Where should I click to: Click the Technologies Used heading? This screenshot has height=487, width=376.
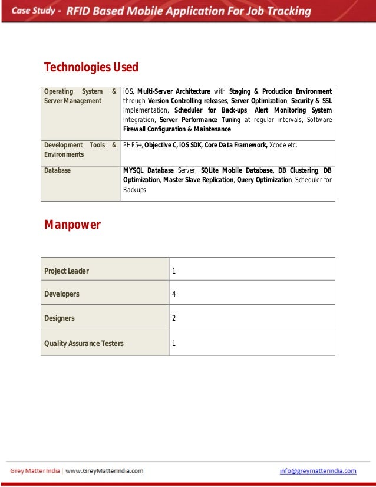pos(91,67)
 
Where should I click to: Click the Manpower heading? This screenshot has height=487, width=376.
pos(72,225)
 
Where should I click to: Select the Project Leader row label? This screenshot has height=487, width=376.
pos(67,271)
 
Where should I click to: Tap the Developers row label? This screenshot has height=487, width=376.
pos(62,294)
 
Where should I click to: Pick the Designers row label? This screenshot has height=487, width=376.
pos(60,318)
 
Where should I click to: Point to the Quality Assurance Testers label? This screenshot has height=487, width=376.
pos(84,343)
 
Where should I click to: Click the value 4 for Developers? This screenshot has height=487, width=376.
pos(174,294)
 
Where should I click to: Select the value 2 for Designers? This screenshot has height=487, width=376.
pos(174,318)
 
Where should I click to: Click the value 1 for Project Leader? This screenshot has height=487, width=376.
pos(174,271)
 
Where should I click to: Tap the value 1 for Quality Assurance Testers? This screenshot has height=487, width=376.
pos(174,343)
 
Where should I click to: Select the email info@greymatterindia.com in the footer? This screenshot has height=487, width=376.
pos(318,471)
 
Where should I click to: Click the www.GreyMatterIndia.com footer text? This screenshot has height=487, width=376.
pos(104,471)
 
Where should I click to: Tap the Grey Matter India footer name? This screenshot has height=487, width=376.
pos(35,471)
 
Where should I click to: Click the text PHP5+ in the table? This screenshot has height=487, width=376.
pos(133,145)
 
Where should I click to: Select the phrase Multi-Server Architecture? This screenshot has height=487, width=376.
pos(173,91)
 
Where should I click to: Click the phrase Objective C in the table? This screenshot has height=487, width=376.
pos(162,145)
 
